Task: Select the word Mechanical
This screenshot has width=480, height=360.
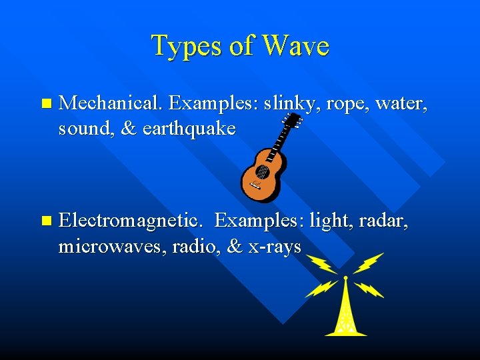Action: click(x=111, y=104)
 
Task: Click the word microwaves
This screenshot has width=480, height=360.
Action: click(x=113, y=246)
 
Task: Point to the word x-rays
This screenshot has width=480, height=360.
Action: click(x=275, y=246)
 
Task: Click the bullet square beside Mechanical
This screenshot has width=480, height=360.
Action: click(x=45, y=104)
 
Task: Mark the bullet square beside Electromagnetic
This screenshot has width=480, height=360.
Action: click(x=45, y=221)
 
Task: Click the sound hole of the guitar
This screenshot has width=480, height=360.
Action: click(x=261, y=172)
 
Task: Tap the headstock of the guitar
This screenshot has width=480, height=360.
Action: click(x=291, y=122)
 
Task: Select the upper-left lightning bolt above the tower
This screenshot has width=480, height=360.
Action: click(x=323, y=263)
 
